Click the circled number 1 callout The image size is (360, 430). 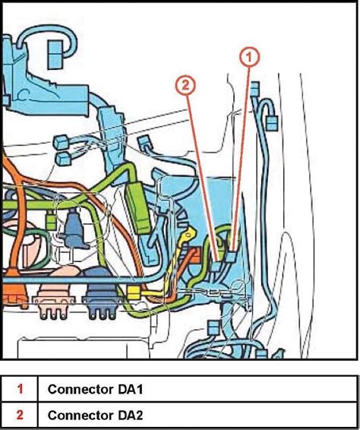click(x=249, y=57)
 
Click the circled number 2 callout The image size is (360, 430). click(x=185, y=85)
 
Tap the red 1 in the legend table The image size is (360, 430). click(x=20, y=389)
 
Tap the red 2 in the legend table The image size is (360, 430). click(x=20, y=415)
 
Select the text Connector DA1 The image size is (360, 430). click(x=95, y=389)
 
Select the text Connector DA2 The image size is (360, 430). click(x=95, y=415)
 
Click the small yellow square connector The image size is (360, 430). click(x=134, y=293)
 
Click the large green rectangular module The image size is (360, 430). click(x=139, y=208)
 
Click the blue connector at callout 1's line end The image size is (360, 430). click(x=231, y=257)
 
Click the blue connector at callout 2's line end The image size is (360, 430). click(x=217, y=265)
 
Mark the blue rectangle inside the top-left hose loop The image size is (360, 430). click(x=55, y=55)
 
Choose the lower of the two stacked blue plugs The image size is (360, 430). click(x=63, y=159)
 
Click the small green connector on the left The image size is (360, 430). click(x=51, y=222)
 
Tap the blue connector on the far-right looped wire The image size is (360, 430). click(x=272, y=122)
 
